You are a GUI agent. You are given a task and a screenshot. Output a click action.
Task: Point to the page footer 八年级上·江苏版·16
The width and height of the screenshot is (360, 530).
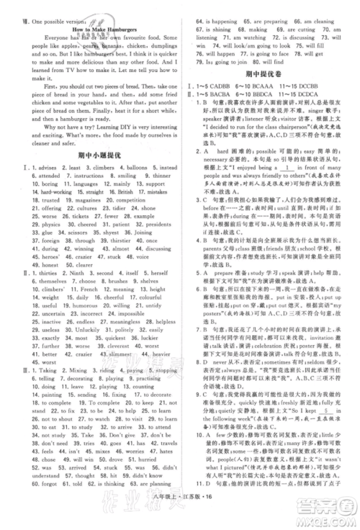coord(180,516)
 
